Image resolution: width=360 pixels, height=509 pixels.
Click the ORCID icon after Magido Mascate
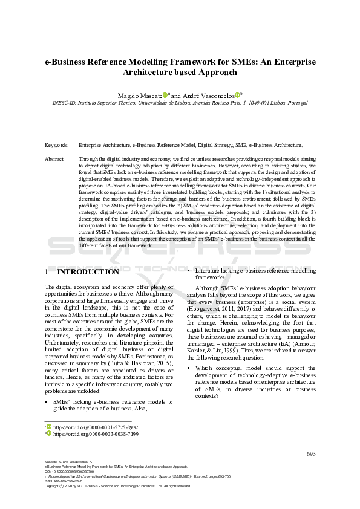pyautogui.click(x=165, y=94)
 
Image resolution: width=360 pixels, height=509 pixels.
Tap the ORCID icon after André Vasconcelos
pyautogui.click(x=237, y=94)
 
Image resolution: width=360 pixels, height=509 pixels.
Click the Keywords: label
pyautogui.click(x=57, y=146)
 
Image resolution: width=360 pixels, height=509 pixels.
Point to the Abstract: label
pyautogui.click(x=55, y=158)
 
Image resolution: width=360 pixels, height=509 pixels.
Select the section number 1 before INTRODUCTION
pyautogui.click(x=48, y=272)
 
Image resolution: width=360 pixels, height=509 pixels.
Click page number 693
pyautogui.click(x=311, y=454)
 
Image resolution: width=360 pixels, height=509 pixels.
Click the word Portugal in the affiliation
pyautogui.click(x=303, y=103)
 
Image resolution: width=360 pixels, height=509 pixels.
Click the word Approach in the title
pyautogui.click(x=220, y=72)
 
